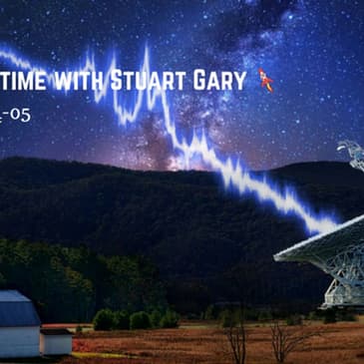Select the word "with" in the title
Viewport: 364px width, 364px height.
coord(100,80)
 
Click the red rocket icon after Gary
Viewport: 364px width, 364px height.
coord(265,79)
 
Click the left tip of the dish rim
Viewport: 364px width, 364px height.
coord(276,256)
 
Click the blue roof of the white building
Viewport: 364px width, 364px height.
coord(18,306)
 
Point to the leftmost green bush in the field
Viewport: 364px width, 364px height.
coord(103,319)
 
